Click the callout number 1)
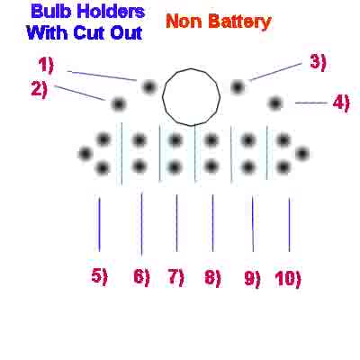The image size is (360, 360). point(46,65)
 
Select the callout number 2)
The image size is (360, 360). point(40,89)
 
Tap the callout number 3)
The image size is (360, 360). point(318,63)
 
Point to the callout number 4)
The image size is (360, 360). point(341,103)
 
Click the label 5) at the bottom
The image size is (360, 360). point(99,276)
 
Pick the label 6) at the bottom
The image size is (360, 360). point(141,276)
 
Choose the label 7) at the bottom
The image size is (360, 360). point(176,277)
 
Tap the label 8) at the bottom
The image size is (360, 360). point(212,277)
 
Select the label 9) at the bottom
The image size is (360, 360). point(252,279)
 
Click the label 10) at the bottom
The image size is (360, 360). point(288,279)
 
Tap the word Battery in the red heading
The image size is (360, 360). point(240,22)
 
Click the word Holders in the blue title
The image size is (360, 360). point(111,12)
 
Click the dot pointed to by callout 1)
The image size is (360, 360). point(149,87)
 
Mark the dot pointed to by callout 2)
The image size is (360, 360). point(119,104)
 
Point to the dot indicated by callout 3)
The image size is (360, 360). point(238,87)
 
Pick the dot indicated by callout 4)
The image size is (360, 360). point(275,103)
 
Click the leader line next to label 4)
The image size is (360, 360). point(311,103)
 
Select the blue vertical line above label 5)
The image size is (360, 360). point(99,223)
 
